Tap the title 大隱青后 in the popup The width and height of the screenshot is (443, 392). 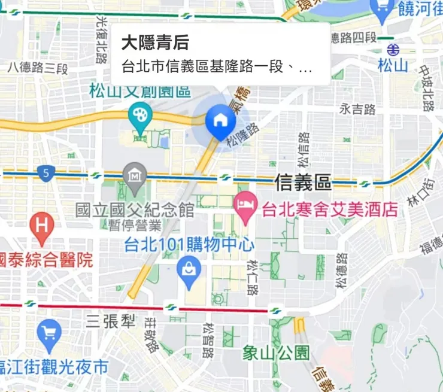point(155,42)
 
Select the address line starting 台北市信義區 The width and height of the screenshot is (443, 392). point(217,67)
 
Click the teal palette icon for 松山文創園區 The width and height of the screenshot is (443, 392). point(141,114)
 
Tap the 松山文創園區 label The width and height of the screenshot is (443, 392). point(139,92)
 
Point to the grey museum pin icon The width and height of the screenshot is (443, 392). point(135,175)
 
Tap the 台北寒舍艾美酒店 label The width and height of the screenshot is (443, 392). point(330,209)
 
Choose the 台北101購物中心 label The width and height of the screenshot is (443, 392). point(189,245)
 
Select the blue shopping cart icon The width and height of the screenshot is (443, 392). point(48,330)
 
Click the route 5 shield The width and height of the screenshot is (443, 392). point(45,174)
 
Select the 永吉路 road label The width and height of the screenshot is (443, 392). point(357,109)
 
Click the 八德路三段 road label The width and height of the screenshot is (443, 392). point(38,67)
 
